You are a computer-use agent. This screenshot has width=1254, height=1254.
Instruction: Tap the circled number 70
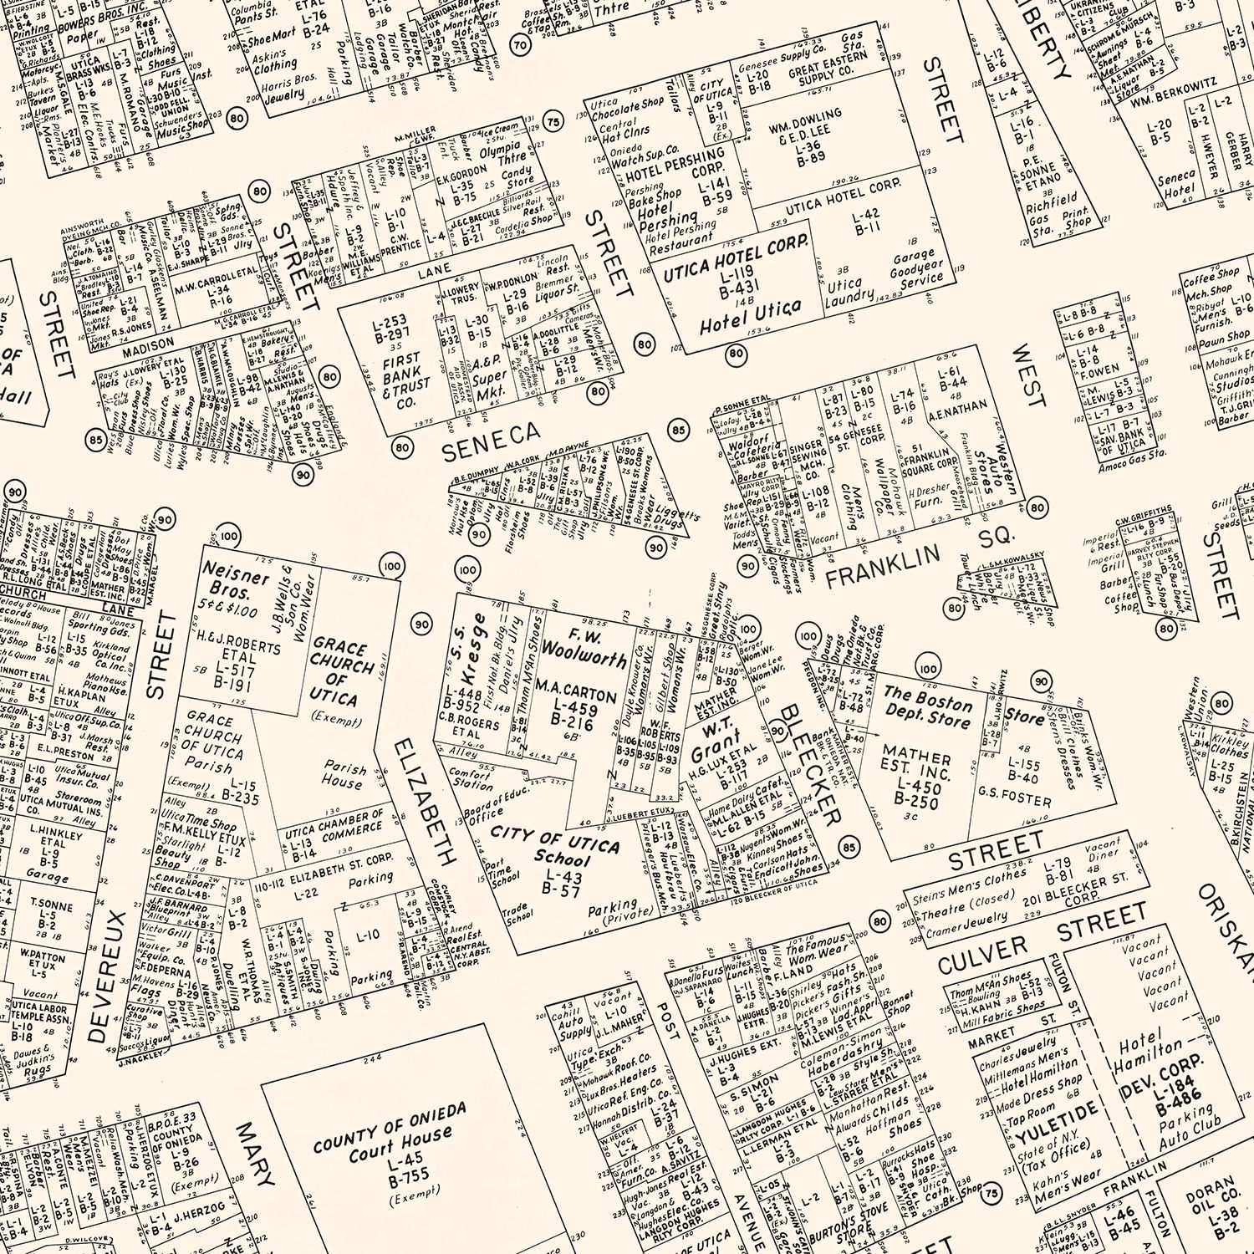coord(520,45)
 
